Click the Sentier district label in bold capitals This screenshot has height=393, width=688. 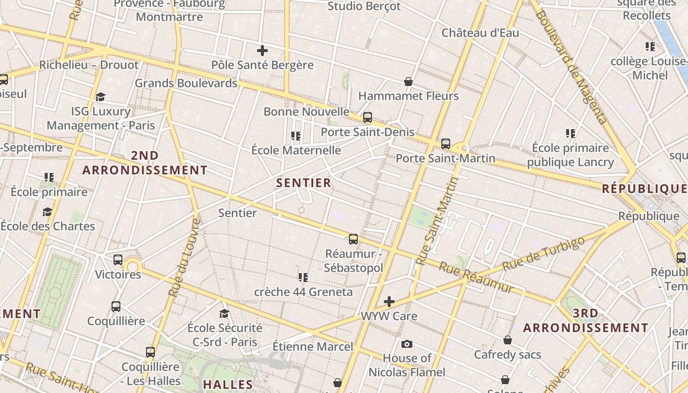(x=303, y=183)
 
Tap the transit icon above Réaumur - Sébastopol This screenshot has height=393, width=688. (x=353, y=239)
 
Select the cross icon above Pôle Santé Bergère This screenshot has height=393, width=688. (x=262, y=50)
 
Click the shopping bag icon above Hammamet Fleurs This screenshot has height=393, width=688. (x=408, y=81)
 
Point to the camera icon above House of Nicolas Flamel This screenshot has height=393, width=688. (x=407, y=344)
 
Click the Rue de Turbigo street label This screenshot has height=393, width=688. (x=544, y=253)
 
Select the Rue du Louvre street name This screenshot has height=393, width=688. (x=185, y=258)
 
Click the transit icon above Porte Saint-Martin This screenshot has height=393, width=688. (x=445, y=144)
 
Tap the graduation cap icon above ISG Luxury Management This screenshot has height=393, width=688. (x=101, y=97)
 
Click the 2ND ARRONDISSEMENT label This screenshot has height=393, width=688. (x=145, y=163)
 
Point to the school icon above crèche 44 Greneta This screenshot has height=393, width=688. (x=303, y=278)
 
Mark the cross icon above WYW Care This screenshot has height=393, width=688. (x=389, y=301)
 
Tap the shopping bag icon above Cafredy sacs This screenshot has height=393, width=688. (x=508, y=340)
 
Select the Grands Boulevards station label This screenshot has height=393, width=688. (x=186, y=83)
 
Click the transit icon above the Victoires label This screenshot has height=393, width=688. (x=118, y=260)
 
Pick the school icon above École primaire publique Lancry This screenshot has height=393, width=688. (x=571, y=133)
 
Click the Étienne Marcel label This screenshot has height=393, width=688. (x=313, y=346)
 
